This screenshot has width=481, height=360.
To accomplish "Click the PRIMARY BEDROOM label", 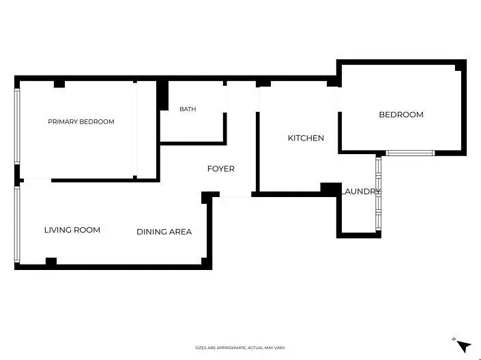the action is [x=81, y=122].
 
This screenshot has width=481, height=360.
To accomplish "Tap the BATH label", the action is [x=188, y=109].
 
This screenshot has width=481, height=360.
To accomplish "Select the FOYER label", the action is [x=221, y=169].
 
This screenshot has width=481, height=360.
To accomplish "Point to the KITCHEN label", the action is [x=306, y=138].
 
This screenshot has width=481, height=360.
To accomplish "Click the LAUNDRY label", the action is [x=361, y=192].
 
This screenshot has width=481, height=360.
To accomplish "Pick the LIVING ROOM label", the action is [x=72, y=230].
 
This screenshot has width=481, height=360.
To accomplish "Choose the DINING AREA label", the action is [x=164, y=232].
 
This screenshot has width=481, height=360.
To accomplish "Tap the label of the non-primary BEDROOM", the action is [x=401, y=115].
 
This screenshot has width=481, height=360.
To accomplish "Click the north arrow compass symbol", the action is [x=463, y=346].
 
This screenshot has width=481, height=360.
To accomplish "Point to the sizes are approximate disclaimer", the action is [x=240, y=348].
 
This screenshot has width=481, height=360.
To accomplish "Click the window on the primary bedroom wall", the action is [x=17, y=126].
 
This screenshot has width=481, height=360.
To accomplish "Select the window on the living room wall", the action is [x=17, y=225].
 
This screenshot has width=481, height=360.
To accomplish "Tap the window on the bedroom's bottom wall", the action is [x=410, y=153].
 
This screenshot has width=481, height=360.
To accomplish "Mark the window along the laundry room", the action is [x=378, y=194].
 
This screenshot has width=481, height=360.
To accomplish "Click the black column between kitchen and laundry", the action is [x=331, y=189].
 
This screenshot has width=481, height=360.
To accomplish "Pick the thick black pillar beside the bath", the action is [x=162, y=95].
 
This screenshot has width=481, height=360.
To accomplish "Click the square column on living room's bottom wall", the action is [x=51, y=262].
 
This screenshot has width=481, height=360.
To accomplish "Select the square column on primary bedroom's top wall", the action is [x=59, y=84].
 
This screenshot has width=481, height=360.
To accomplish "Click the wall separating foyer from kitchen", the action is [x=258, y=152].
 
